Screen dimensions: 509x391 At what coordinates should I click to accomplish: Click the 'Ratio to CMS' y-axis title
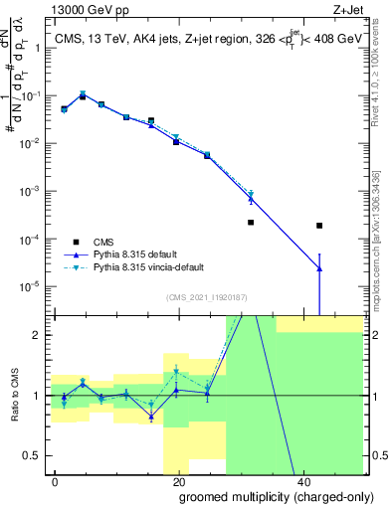[x=15, y=396]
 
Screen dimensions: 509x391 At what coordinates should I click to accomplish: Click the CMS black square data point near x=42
[x=319, y=226]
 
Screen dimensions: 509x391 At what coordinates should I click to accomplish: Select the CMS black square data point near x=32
[x=251, y=223]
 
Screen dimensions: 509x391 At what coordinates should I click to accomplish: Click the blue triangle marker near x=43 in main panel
[x=319, y=268]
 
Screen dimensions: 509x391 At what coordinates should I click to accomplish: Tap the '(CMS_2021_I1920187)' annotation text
[x=207, y=296]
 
